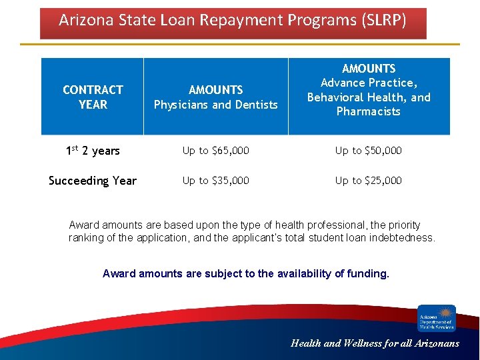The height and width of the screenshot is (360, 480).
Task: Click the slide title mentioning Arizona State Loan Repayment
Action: [232, 21]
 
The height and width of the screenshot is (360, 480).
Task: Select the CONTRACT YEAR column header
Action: [93, 97]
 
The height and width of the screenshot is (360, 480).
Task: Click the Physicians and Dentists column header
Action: [215, 97]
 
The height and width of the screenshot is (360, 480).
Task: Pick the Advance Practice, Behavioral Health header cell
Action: [369, 90]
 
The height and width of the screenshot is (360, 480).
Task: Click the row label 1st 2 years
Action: [93, 151]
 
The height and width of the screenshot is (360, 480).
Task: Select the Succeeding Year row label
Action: [93, 181]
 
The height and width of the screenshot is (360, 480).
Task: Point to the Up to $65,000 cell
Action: [215, 151]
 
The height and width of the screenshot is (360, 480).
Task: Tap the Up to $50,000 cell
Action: [369, 151]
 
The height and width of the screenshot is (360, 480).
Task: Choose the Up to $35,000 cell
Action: [215, 181]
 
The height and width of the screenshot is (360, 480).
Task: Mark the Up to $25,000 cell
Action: [369, 181]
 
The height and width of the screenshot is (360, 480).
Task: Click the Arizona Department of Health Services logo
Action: [437, 318]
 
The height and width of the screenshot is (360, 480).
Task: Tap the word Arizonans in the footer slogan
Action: [435, 343]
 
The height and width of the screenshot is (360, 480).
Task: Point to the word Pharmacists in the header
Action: [369, 111]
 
